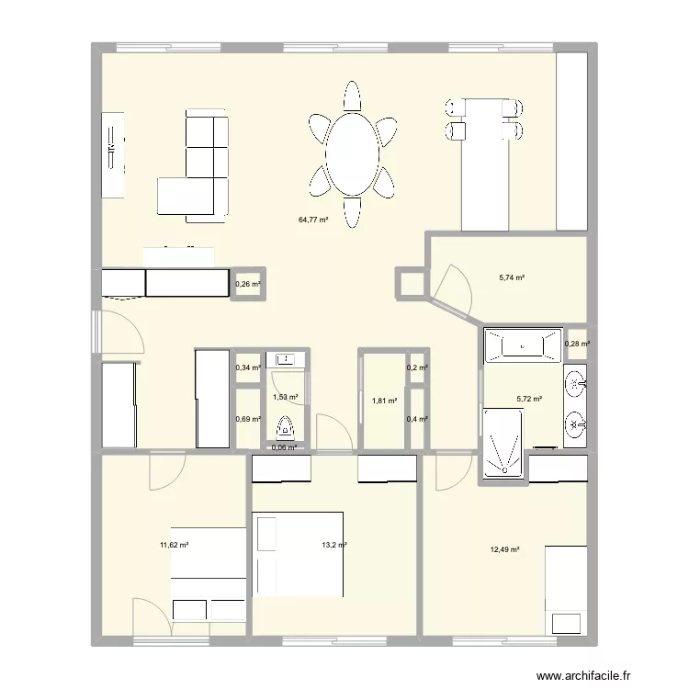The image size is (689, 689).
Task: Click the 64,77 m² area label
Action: click(312, 220)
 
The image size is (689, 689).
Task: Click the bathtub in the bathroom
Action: click(522, 345)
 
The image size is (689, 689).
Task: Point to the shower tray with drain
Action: click(503, 443)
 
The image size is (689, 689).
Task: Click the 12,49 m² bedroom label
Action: click(504, 549)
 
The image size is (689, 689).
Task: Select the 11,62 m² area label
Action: click(174, 545)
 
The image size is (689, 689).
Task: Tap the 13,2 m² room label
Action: click(333, 545)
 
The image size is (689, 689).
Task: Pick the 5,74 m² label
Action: click(512, 277)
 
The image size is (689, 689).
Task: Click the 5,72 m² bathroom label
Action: click(530, 400)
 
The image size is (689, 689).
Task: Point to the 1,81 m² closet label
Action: click(385, 401)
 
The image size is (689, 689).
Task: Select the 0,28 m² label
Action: click(578, 344)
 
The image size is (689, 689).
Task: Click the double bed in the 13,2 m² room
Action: click(299, 554)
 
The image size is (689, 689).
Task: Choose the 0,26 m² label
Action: click(248, 285)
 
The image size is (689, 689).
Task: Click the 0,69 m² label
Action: click(248, 420)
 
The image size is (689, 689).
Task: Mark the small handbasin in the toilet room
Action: click(285, 359)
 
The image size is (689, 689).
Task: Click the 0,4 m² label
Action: click(417, 420)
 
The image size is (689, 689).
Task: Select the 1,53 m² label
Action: click(287, 396)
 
